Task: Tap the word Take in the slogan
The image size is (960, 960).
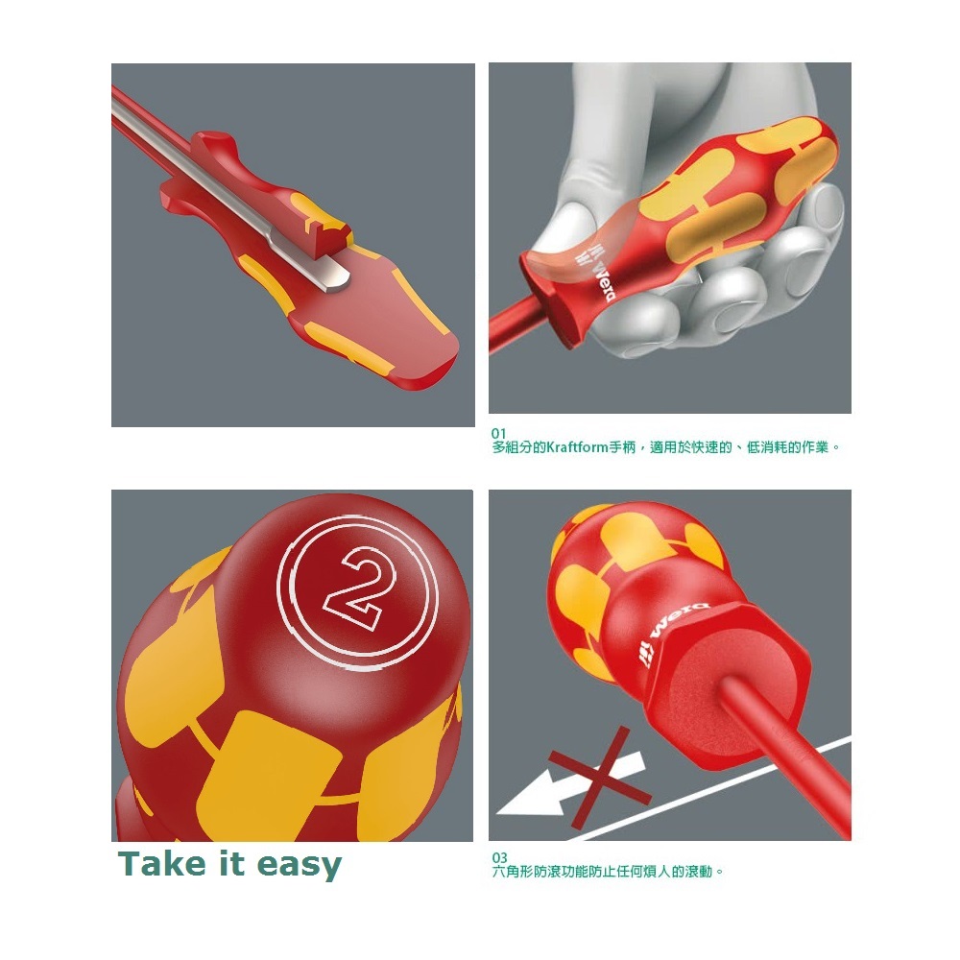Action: click(161, 864)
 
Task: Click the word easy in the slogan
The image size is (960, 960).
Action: click(300, 866)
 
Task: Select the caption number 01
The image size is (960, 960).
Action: click(499, 433)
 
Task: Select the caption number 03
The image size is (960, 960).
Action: click(499, 857)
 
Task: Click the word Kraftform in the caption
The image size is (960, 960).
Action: click(577, 447)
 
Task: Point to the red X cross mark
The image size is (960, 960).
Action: click(600, 778)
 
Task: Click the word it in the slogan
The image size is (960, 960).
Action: click(230, 864)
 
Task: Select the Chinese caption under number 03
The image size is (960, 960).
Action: click(608, 872)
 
